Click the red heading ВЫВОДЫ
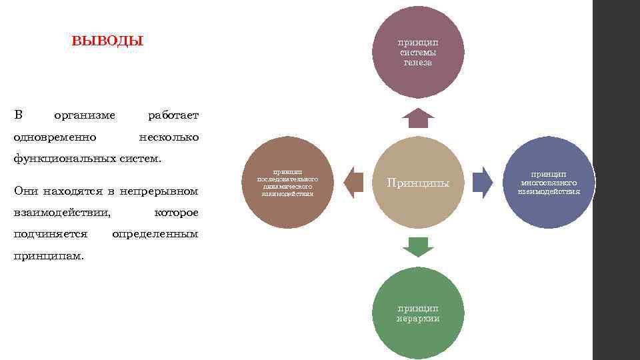pyautogui.click(x=107, y=41)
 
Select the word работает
pyautogui.click(x=173, y=115)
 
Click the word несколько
pyautogui.click(x=167, y=137)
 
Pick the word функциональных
pyautogui.click(x=63, y=158)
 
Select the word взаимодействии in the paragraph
pyautogui.click(x=62, y=213)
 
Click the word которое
pyautogui.click(x=176, y=213)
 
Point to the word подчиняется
pyautogui.click(x=51, y=234)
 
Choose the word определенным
pyautogui.click(x=155, y=234)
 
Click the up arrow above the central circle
pyautogui.click(x=418, y=117)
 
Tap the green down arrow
pyautogui.click(x=418, y=247)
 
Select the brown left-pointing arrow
pyautogui.click(x=353, y=181)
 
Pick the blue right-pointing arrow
pyautogui.click(x=483, y=181)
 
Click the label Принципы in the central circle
pyautogui.click(x=418, y=183)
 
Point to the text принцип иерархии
pyautogui.click(x=418, y=313)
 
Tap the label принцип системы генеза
pyautogui.click(x=418, y=52)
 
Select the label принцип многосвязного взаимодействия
pyautogui.click(x=549, y=182)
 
